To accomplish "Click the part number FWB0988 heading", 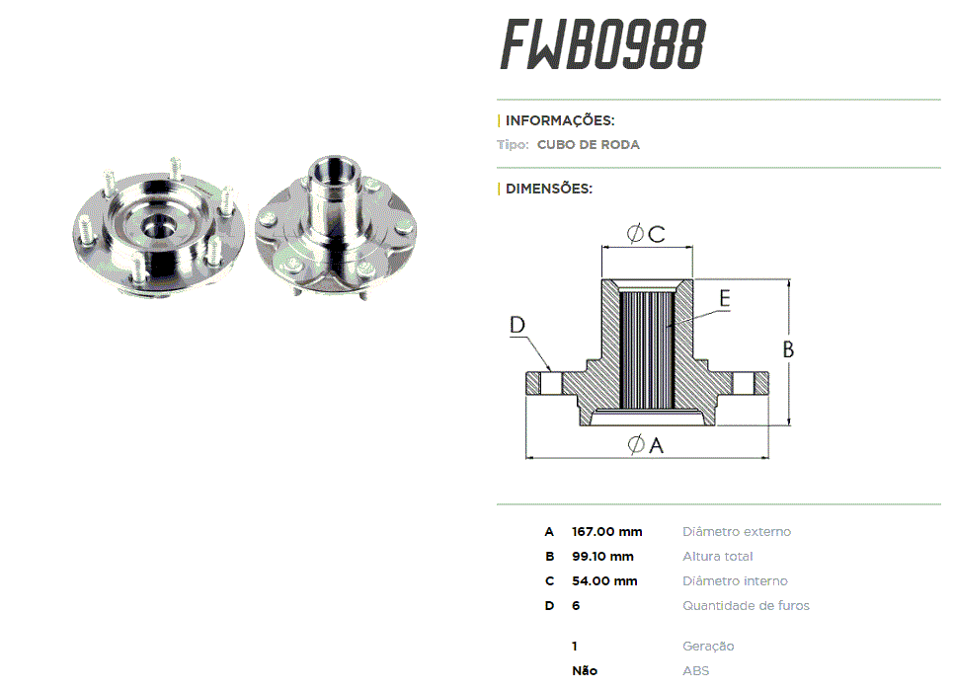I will click(x=602, y=45).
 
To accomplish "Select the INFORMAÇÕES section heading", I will click(x=560, y=120).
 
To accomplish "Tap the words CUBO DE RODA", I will click(x=589, y=145).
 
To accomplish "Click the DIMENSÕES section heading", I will click(x=549, y=189).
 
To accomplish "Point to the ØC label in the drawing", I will click(x=646, y=234).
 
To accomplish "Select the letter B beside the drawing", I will click(x=789, y=348).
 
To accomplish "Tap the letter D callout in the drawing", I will click(x=517, y=325).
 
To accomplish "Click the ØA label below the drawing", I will click(x=645, y=445).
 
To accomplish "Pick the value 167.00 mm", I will click(x=607, y=532).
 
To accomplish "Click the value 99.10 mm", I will click(x=602, y=557).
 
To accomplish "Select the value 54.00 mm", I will click(x=604, y=581).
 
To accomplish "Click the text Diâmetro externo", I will click(x=737, y=532).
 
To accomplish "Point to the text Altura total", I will click(x=718, y=557).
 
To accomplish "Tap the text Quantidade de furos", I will click(x=746, y=606).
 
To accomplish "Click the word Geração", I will click(x=708, y=647).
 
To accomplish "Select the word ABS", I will click(x=696, y=671).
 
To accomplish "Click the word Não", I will click(x=585, y=671).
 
